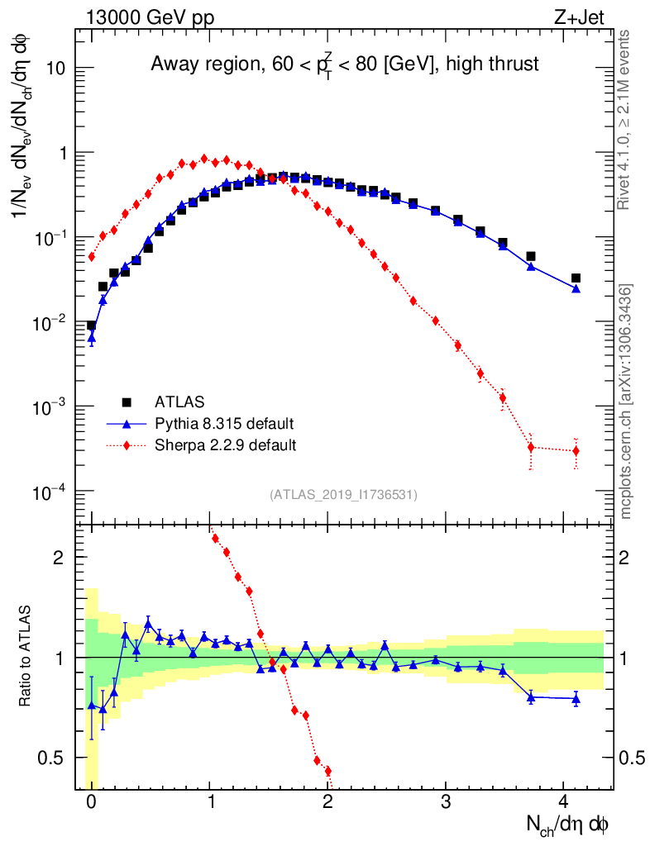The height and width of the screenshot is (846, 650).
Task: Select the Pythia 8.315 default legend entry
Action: [224, 424]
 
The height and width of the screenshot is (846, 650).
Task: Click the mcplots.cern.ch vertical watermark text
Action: [626, 402]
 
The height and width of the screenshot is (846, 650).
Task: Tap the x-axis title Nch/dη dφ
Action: [568, 824]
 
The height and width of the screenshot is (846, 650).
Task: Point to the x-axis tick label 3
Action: [446, 801]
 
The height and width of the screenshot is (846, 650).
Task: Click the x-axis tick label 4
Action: [564, 801]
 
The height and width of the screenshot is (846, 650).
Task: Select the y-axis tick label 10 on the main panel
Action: [56, 69]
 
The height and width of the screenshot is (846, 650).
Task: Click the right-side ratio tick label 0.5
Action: [632, 758]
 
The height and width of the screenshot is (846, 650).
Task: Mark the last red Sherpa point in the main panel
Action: [576, 450]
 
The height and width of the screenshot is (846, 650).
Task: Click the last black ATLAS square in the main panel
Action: [576, 278]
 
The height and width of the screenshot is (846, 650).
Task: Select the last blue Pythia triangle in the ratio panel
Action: [576, 699]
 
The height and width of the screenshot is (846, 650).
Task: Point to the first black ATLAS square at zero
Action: [91, 326]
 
